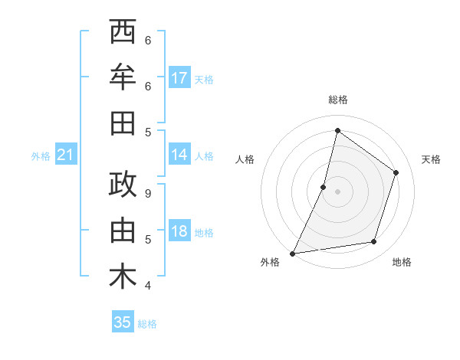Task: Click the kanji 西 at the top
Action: click(123, 33)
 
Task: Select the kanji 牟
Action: click(123, 77)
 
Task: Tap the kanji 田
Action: click(123, 123)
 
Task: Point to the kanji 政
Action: click(123, 185)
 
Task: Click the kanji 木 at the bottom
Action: click(123, 277)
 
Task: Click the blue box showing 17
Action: click(179, 78)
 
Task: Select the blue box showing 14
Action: click(179, 155)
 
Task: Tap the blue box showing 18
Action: click(179, 231)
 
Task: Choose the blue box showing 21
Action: click(65, 155)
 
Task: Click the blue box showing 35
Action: click(123, 322)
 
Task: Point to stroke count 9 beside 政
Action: click(148, 194)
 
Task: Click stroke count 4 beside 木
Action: click(148, 286)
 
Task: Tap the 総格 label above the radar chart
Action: click(338, 100)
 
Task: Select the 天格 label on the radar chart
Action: click(432, 159)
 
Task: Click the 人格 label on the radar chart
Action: click(245, 159)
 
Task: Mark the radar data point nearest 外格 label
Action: click(293, 253)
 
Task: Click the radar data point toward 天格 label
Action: click(396, 172)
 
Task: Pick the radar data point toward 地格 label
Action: click(374, 242)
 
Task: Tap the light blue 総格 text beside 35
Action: click(147, 324)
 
